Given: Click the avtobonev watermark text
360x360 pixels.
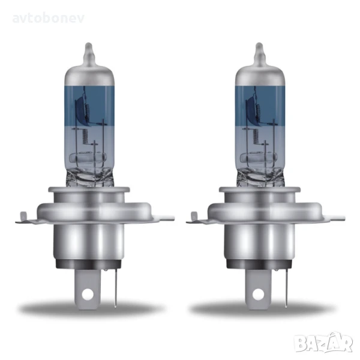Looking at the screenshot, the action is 49,19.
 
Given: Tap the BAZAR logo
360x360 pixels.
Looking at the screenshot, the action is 323,344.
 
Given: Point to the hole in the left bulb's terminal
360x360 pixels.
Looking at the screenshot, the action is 88,294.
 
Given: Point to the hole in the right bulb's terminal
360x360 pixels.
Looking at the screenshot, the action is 259,294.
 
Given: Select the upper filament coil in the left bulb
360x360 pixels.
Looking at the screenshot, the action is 87,112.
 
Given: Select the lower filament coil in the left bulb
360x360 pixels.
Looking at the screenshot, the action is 85,137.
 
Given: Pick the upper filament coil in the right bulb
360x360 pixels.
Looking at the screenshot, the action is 257,112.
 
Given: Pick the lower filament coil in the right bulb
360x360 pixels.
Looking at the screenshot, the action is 256,137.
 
